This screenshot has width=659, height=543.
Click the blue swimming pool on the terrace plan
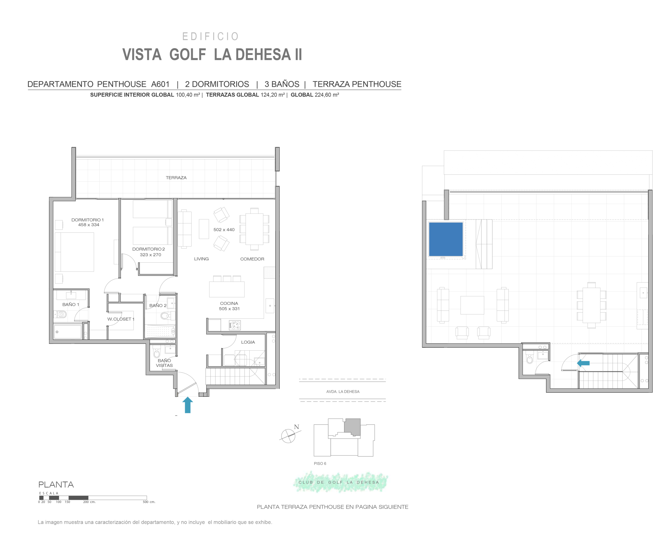pyautogui.click(x=446, y=239)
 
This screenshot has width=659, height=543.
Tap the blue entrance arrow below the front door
pyautogui.click(x=188, y=405)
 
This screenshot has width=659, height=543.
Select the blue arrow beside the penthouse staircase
pyautogui.click(x=583, y=363)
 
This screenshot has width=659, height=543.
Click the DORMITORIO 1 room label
pyautogui.click(x=88, y=220)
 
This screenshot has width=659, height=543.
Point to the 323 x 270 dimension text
pyautogui.click(x=150, y=255)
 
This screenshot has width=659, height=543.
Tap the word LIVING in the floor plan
pyautogui.click(x=201, y=259)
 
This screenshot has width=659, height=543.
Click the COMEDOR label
pyautogui.click(x=252, y=259)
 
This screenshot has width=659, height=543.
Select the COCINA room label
pyautogui.click(x=229, y=303)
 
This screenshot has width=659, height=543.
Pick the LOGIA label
pyautogui.click(x=248, y=342)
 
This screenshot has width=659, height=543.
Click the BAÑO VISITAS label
pyautogui.click(x=164, y=363)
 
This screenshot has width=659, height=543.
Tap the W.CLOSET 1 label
pyautogui.click(x=121, y=319)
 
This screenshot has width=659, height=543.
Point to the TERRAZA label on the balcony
pyautogui.click(x=176, y=178)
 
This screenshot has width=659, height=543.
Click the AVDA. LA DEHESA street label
pyautogui.click(x=343, y=392)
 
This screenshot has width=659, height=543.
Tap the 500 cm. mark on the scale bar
pyautogui.click(x=149, y=502)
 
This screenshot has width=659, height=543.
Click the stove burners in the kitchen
pyautogui.click(x=235, y=325)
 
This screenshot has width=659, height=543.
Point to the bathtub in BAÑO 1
pyautogui.click(x=68, y=332)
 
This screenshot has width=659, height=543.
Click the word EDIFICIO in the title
pyautogui.click(x=211, y=37)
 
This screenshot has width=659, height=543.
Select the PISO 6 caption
pyautogui.click(x=320, y=463)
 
